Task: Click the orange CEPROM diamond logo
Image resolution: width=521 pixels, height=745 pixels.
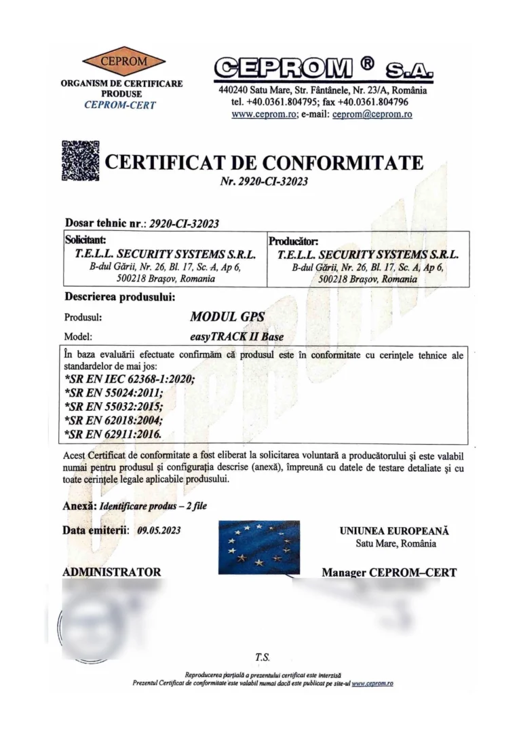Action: click(119, 62)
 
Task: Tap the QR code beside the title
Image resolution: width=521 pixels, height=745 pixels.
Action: click(81, 161)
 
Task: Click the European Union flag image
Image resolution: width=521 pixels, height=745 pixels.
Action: click(259, 547)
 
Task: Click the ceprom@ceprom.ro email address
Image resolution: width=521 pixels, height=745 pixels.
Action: click(372, 115)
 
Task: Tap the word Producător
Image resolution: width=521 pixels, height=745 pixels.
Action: click(293, 240)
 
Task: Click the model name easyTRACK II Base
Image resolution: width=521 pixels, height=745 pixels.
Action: click(233, 336)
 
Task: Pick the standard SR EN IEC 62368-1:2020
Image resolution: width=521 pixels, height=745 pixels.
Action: click(128, 380)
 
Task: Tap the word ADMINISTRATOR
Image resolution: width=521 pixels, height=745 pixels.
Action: click(112, 572)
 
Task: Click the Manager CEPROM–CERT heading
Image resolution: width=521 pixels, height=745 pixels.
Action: click(389, 573)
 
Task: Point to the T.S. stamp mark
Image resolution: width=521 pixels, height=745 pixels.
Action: click(263, 657)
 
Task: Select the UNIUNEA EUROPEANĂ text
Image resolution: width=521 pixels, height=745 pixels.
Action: click(394, 531)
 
